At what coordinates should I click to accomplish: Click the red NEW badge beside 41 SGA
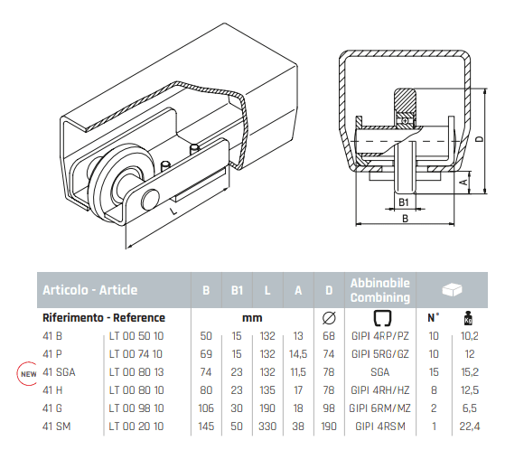tap(27, 373)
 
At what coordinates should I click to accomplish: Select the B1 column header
tap(237, 290)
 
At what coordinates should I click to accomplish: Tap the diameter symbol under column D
tap(329, 317)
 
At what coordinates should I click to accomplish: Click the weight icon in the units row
tap(469, 318)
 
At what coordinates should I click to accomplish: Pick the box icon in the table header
tap(452, 289)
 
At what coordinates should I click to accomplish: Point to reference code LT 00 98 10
tap(136, 408)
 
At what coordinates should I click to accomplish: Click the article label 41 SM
tap(57, 427)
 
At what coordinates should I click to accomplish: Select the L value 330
tap(267, 427)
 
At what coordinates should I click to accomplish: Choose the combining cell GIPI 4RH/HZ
tap(380, 390)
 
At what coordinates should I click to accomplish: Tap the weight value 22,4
tap(470, 427)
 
